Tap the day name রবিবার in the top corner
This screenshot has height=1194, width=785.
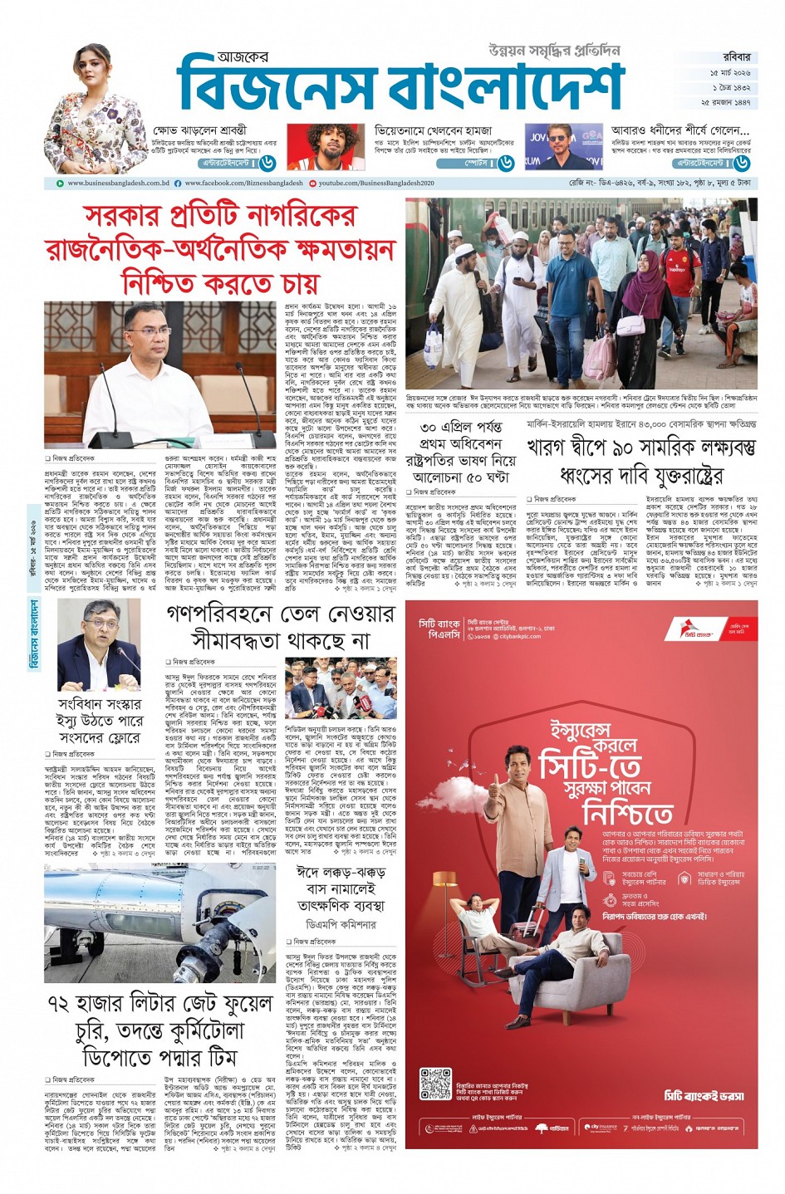[736, 57]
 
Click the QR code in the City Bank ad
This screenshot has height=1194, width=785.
[435, 1084]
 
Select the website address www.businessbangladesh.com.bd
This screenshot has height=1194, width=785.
[118, 183]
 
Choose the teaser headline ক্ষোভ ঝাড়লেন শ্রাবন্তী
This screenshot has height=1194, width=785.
[213, 130]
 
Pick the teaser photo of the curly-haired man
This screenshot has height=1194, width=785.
[325, 146]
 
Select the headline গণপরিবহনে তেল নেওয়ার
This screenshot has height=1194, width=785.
[280, 615]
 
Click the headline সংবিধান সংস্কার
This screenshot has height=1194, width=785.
[100, 703]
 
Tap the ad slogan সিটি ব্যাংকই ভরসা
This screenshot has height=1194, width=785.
[704, 1095]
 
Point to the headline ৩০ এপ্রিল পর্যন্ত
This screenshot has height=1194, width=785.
[461, 428]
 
